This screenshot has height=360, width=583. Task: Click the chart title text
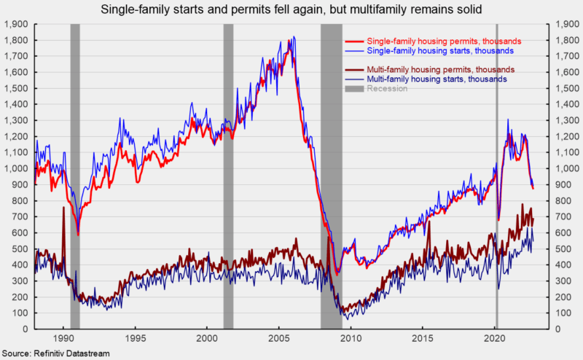coord(291,9)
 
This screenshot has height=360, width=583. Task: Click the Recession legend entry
coord(387,88)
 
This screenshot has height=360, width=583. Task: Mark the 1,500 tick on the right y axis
coord(566,88)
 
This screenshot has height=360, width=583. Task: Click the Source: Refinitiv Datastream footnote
coord(48,353)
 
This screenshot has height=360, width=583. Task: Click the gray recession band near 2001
coord(228,175)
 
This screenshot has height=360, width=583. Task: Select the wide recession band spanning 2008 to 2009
coord(331,175)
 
